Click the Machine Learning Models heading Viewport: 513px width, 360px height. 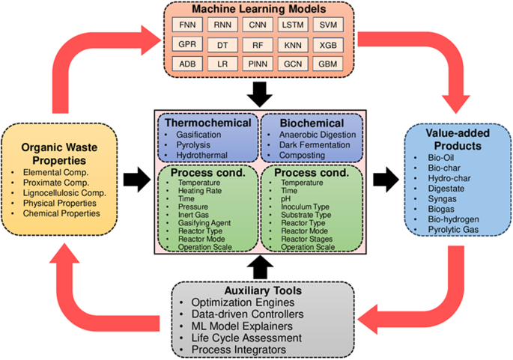tap(257, 9)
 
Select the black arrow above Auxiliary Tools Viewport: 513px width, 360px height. tap(257, 264)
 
